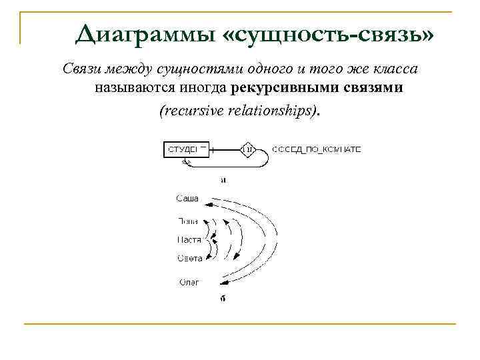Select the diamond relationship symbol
click(248, 149)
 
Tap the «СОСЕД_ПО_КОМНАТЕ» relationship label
click(317, 149)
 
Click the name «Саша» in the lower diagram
click(187, 198)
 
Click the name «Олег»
click(189, 282)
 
